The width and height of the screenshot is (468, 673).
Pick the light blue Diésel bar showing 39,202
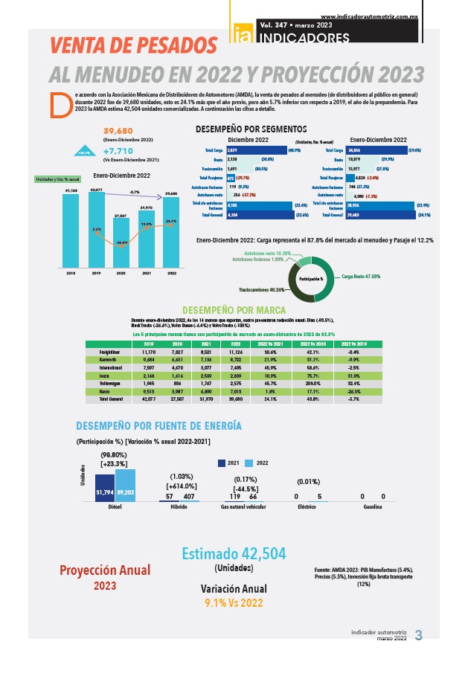[x=126, y=486]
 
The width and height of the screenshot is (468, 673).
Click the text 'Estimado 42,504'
[x=234, y=554]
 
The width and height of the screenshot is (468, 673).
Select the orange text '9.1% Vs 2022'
[x=234, y=603]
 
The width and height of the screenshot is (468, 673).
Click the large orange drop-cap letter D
[x=57, y=104]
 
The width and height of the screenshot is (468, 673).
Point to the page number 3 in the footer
[x=417, y=635]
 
